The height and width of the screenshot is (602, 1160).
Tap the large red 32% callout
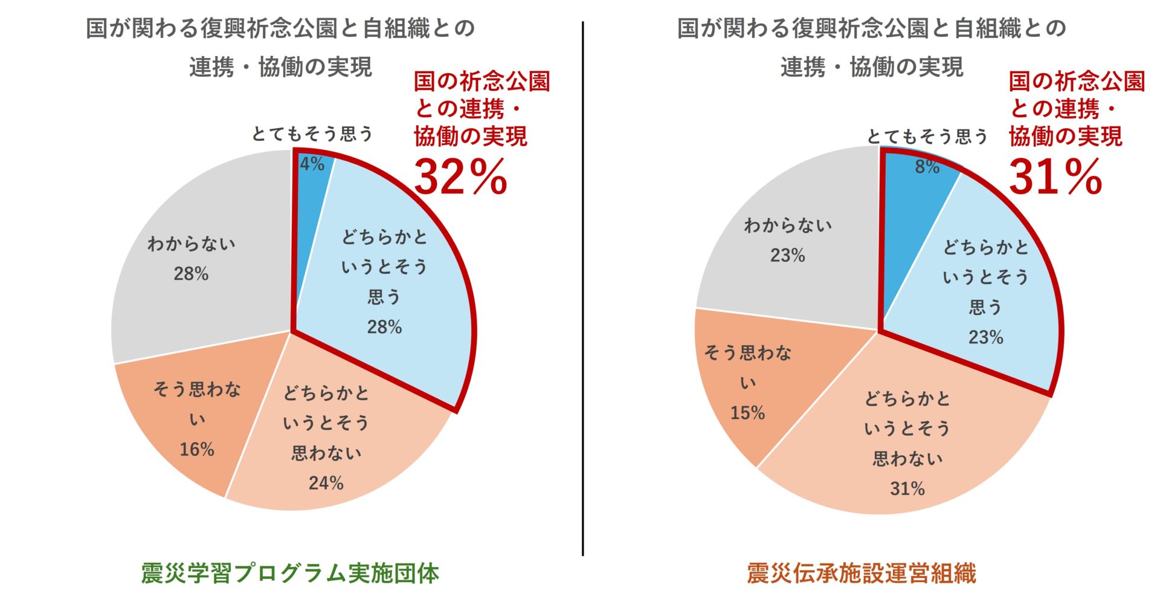pyautogui.click(x=460, y=178)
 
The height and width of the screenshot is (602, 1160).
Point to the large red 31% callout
pyautogui.click(x=1055, y=178)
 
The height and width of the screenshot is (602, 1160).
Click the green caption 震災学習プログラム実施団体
pyautogui.click(x=290, y=573)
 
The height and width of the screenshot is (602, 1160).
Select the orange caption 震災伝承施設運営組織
pyautogui.click(x=862, y=573)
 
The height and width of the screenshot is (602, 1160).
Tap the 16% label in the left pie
pyautogui.click(x=197, y=450)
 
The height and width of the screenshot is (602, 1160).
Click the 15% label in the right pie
pyautogui.click(x=747, y=413)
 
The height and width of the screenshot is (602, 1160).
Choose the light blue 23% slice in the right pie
pyautogui.click(x=985, y=296)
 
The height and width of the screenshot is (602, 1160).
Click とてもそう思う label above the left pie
pyautogui.click(x=312, y=134)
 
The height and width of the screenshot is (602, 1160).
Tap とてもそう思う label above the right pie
pyautogui.click(x=927, y=137)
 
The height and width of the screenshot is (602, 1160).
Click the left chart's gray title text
pyautogui.click(x=280, y=47)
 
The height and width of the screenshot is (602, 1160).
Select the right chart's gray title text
pyautogui.click(x=871, y=47)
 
